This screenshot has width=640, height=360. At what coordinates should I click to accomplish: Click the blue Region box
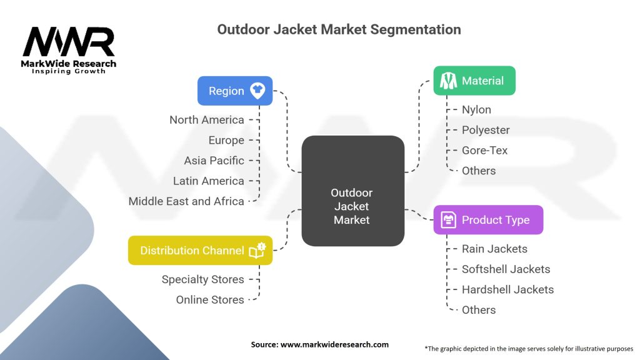tap(235, 91)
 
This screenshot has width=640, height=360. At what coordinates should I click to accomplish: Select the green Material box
tap(474, 81)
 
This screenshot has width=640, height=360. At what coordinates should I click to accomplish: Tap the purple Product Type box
tap(488, 219)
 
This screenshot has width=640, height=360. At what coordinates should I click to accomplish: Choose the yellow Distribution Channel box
tap(200, 250)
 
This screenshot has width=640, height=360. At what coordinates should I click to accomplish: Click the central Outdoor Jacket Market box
tap(353, 191)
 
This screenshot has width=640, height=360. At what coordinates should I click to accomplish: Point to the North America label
tap(206, 120)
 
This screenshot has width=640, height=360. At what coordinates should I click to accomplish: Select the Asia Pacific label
tap(214, 161)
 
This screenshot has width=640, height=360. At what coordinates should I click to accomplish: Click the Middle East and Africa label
tap(186, 201)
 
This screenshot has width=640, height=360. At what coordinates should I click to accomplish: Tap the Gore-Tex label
tap(484, 150)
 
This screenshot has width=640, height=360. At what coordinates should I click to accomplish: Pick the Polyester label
tap(486, 130)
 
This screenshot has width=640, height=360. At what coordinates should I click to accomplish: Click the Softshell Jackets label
tap(506, 269)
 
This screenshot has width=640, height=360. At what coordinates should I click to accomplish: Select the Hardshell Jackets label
tap(507, 289)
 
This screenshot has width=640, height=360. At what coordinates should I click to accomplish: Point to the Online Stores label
tap(210, 299)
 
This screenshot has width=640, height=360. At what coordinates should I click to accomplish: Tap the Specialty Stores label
tap(203, 279)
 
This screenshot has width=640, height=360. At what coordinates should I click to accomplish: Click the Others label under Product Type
tap(479, 310)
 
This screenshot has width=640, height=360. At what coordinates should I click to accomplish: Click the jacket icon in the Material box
tap(448, 81)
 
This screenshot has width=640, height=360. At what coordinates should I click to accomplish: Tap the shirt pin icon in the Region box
tap(257, 91)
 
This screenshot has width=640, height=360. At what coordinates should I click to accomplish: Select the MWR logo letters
tap(69, 41)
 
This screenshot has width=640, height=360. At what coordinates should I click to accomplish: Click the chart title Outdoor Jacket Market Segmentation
tap(339, 29)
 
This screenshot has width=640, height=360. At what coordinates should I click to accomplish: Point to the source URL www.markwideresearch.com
tap(334, 344)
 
